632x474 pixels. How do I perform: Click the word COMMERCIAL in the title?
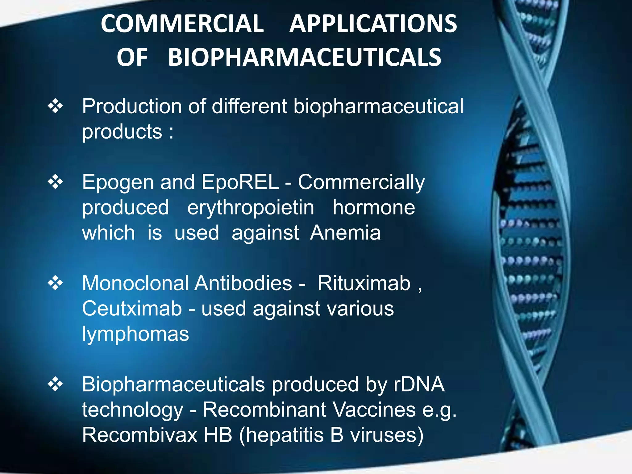(182, 24)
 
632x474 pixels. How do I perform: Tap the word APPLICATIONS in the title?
(373, 24)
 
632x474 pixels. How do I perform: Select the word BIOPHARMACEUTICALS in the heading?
(304, 58)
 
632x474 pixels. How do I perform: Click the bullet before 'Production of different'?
(55, 106)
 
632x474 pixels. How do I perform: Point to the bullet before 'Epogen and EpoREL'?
(55, 182)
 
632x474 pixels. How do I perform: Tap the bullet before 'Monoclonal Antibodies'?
(55, 283)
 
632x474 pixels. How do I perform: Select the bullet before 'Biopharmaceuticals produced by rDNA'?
(55, 384)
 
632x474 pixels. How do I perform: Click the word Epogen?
(118, 183)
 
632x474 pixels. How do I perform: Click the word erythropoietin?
(251, 208)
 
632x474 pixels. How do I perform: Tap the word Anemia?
(345, 233)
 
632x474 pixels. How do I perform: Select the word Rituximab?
(364, 283)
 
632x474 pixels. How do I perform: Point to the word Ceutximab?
(132, 309)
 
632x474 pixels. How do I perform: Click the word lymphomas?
(135, 335)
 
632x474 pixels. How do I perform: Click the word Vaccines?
(374, 410)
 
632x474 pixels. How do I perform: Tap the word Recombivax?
(139, 435)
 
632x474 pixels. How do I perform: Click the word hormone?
(374, 208)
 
